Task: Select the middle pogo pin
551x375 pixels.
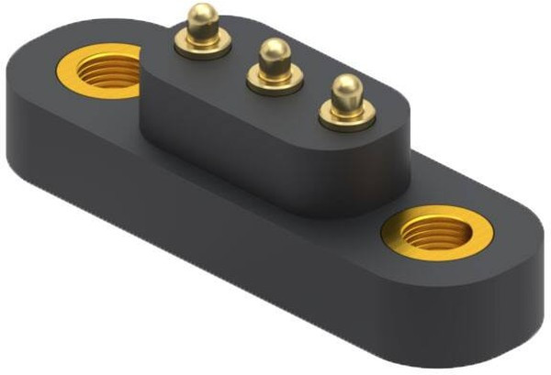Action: [x=273, y=66]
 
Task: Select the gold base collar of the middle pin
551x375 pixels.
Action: [x=273, y=83]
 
